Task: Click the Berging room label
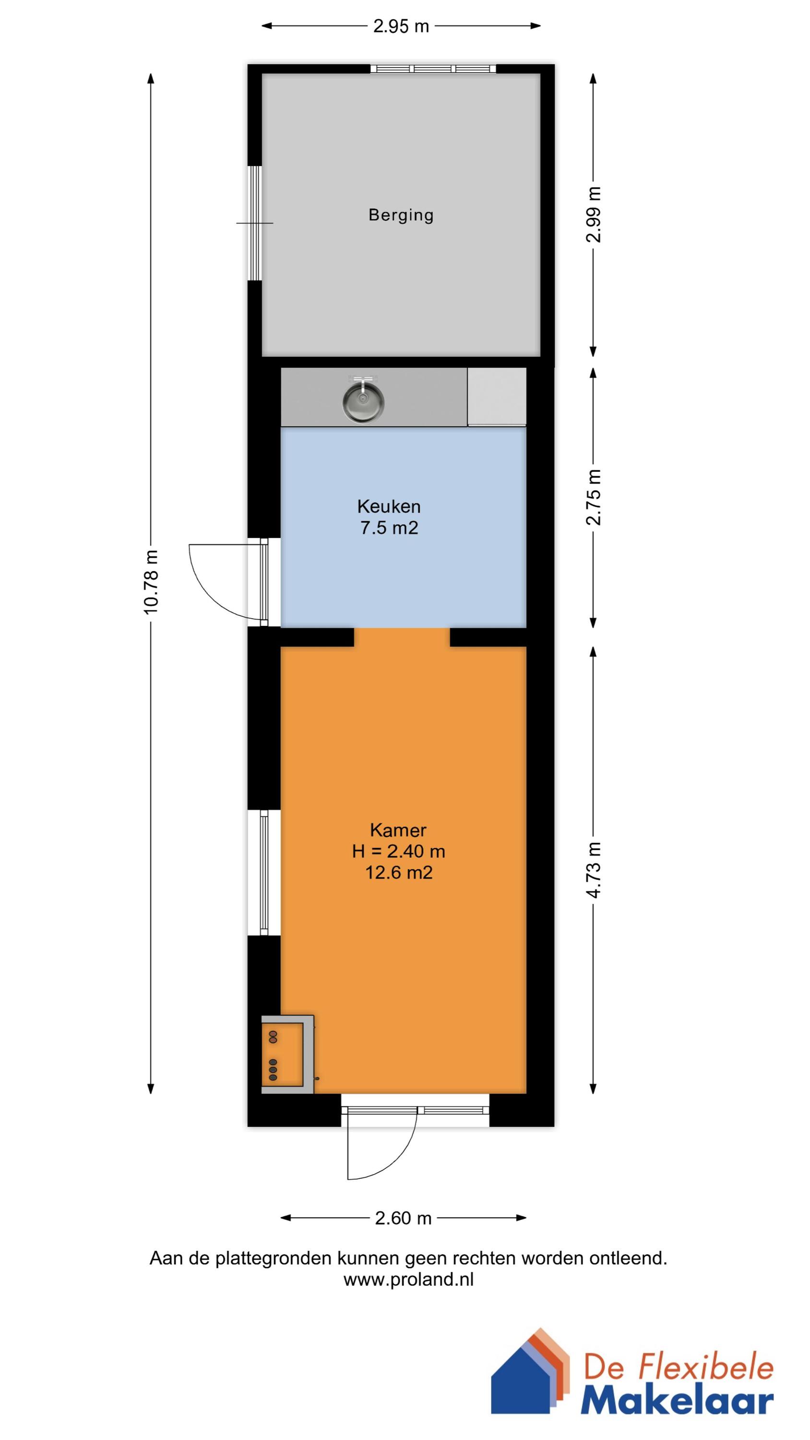tap(401, 215)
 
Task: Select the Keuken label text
tap(389, 506)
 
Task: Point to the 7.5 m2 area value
tap(389, 528)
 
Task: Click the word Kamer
tap(398, 829)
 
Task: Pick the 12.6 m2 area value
tap(399, 872)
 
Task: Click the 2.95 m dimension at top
tap(401, 26)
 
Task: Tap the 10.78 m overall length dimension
tap(151, 582)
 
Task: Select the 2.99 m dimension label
tap(594, 215)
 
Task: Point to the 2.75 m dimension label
tap(594, 497)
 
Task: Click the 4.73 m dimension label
tap(594, 870)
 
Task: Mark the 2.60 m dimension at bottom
tap(403, 1218)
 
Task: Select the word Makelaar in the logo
tap(677, 1403)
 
